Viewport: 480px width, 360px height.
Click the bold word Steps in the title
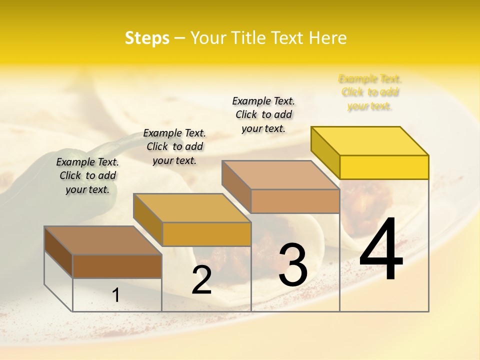(x=147, y=38)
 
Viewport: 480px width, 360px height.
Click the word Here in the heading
(x=327, y=38)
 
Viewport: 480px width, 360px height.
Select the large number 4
(x=381, y=250)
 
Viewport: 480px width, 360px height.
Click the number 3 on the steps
(x=293, y=265)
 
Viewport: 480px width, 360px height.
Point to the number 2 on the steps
(x=201, y=280)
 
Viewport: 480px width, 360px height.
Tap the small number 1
(x=116, y=295)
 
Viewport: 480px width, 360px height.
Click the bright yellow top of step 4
(x=370, y=140)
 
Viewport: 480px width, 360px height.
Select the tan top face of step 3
(x=280, y=175)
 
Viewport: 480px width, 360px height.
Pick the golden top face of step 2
(x=192, y=208)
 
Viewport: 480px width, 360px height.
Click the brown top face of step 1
(x=103, y=240)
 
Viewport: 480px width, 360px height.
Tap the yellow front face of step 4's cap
(x=384, y=167)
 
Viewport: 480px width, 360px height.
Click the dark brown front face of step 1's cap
(x=117, y=266)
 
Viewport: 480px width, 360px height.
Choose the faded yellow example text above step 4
(x=370, y=92)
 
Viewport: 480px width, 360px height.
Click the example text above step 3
(x=263, y=114)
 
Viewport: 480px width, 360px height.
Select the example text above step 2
(x=174, y=146)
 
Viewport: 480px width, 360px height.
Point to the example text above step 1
(x=87, y=175)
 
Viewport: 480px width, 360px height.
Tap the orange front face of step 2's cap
(x=206, y=234)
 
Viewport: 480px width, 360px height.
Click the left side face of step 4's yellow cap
(x=325, y=150)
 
